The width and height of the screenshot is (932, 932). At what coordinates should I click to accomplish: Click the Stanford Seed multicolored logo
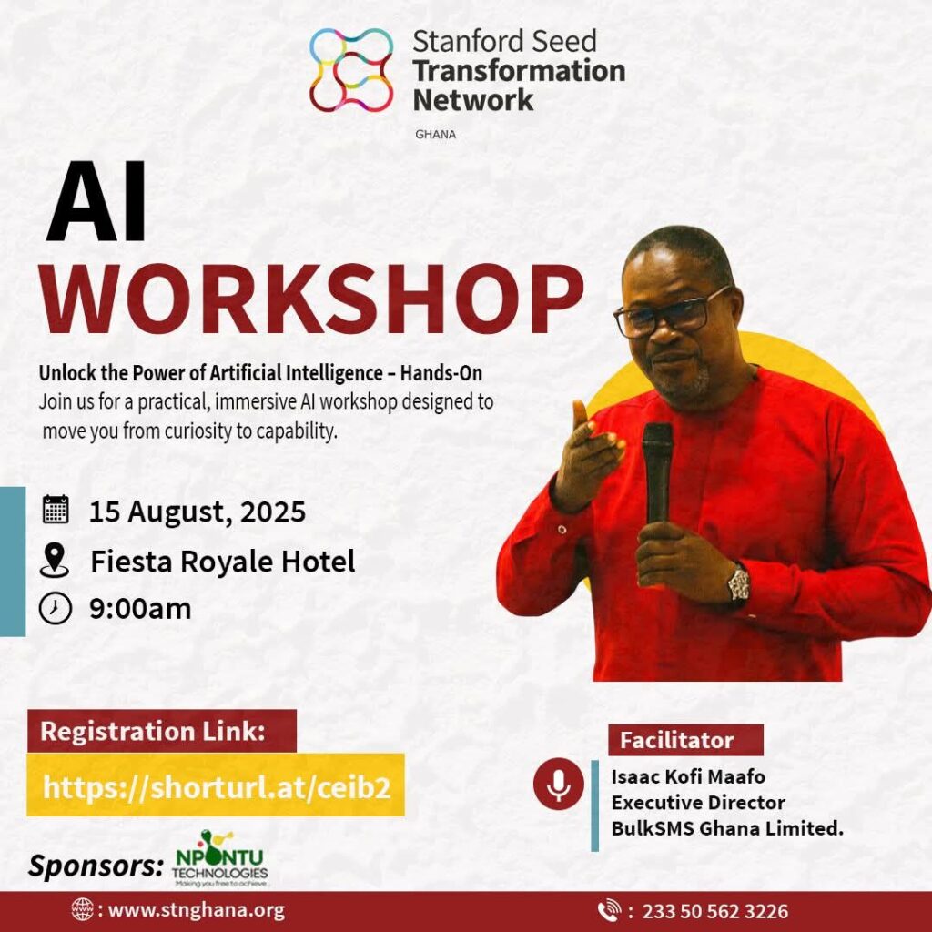coord(351,70)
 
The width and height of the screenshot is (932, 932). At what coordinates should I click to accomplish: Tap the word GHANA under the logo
coord(436,135)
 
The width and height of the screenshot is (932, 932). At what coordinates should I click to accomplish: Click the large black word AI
coord(96,201)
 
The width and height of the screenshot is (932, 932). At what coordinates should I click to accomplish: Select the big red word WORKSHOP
coord(311,299)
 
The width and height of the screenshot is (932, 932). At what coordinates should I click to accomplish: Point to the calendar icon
coord(56,510)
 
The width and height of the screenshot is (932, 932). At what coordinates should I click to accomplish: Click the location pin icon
coord(54,560)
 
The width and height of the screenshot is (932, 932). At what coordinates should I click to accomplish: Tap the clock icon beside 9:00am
coord(56,608)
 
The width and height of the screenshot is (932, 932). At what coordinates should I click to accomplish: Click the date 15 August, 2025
coord(198,512)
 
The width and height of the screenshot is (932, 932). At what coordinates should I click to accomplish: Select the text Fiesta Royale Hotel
coord(223,562)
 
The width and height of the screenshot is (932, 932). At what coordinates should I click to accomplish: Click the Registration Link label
coord(153,731)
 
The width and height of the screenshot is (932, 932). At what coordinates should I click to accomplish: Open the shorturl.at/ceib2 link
coord(217,787)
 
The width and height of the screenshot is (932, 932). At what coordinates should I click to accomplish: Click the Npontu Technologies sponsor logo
coord(220,859)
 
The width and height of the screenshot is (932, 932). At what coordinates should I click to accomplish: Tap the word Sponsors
coord(96,866)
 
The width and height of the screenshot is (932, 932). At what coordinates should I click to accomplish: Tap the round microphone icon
coord(559,784)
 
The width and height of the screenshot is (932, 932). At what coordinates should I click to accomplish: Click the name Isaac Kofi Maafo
coord(688,776)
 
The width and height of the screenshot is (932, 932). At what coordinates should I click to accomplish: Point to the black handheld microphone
coord(657,475)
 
